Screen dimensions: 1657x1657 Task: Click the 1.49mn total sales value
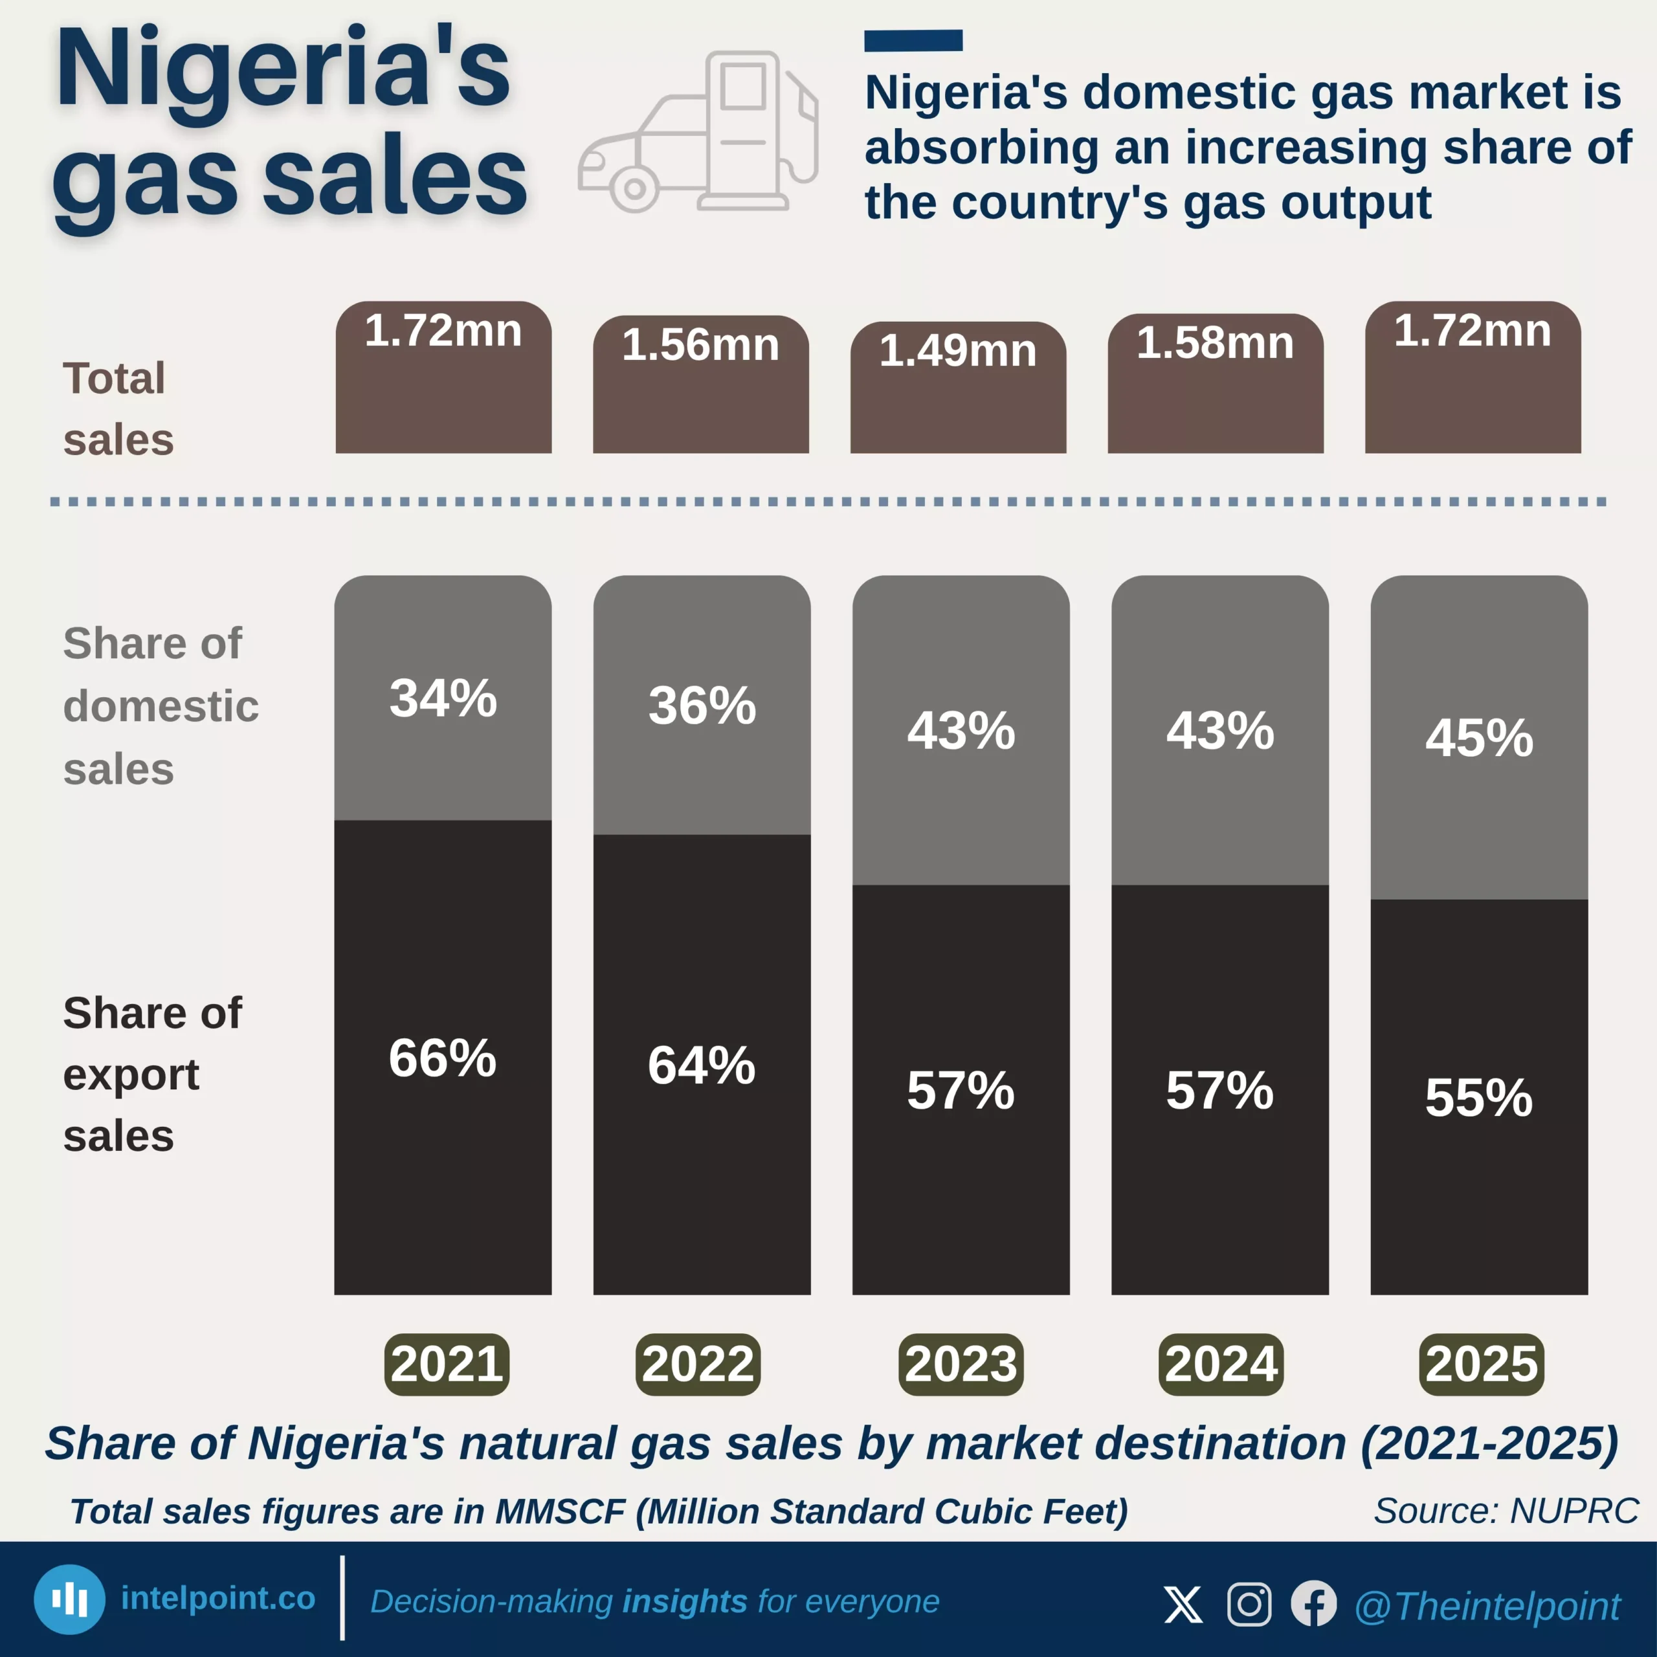click(957, 351)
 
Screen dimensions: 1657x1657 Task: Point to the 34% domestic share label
click(443, 698)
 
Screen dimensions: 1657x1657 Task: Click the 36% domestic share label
click(702, 706)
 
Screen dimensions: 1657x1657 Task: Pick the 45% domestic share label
click(1478, 738)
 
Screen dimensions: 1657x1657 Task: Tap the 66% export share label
click(443, 1058)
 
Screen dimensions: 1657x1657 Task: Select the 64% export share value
click(702, 1065)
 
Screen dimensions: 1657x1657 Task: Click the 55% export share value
click(1478, 1097)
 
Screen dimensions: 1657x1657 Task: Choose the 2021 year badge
click(447, 1364)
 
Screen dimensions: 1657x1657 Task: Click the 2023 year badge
click(961, 1364)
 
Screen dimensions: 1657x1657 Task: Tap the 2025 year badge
click(1481, 1364)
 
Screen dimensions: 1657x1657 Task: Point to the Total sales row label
click(118, 409)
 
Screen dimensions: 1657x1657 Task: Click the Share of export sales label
click(152, 1074)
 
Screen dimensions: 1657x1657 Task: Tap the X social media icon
click(1183, 1604)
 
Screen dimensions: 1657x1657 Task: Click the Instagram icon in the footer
click(1249, 1604)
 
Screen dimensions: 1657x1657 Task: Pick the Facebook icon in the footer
click(1313, 1604)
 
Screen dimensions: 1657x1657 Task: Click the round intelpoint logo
click(69, 1599)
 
